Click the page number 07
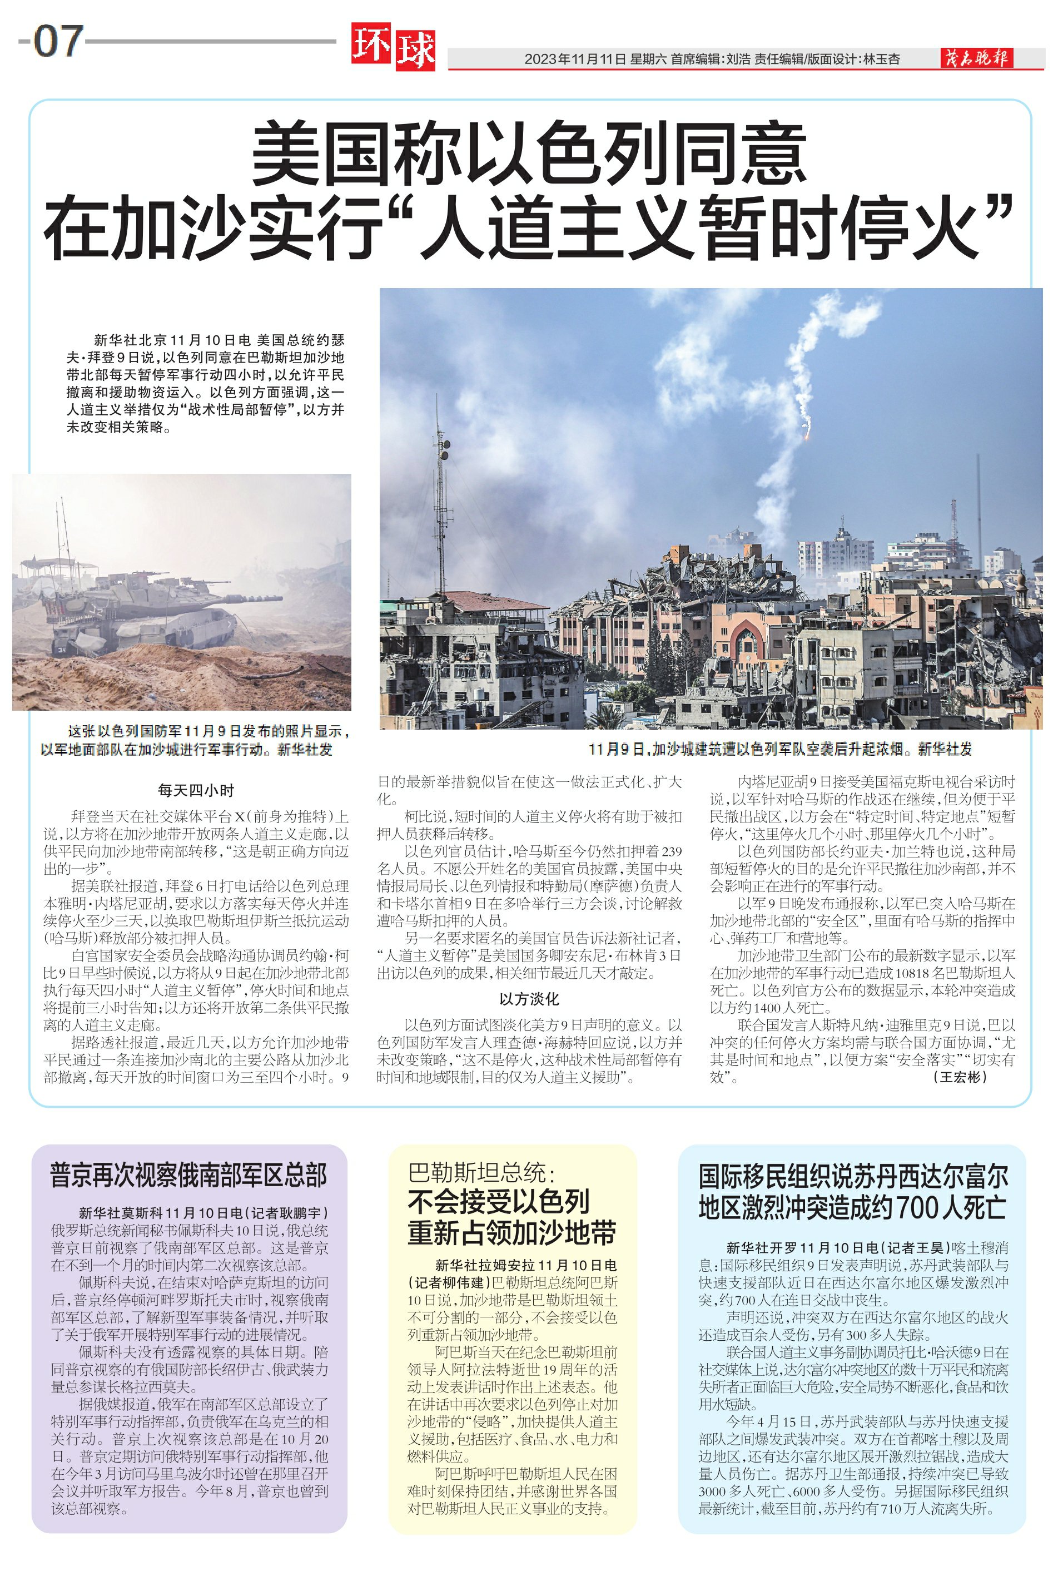[x=59, y=41]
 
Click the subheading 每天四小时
[x=196, y=790]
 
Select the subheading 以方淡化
[x=529, y=999]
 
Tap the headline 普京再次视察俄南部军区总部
[x=189, y=1175]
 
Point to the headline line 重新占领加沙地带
[x=511, y=1233]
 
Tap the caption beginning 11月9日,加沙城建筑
[x=779, y=749]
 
